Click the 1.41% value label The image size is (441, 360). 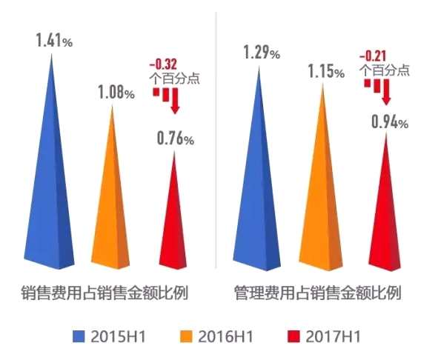[x=54, y=41]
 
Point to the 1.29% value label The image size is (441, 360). [x=262, y=53]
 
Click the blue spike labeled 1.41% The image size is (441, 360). [x=54, y=185]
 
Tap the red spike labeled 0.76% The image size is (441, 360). [x=175, y=222]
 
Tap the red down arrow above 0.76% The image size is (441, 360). [x=175, y=104]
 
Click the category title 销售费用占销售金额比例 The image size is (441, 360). [x=104, y=293]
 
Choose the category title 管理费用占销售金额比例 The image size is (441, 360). [x=316, y=293]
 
